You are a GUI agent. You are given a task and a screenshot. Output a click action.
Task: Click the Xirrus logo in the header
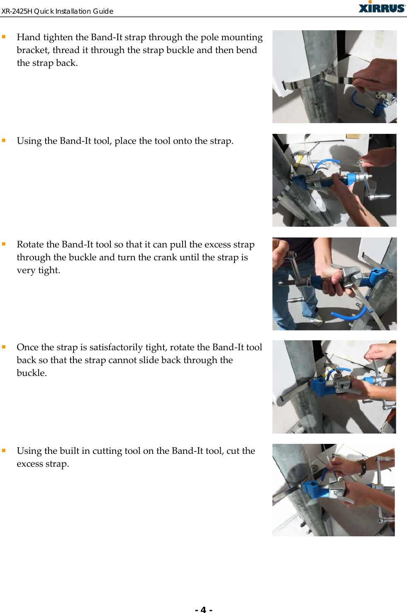[x=382, y=7]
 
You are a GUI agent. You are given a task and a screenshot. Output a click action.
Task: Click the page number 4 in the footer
[x=203, y=609]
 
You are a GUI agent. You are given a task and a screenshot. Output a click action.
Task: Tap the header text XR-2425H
[x=17, y=11]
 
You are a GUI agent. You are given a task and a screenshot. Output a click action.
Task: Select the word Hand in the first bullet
[x=28, y=37]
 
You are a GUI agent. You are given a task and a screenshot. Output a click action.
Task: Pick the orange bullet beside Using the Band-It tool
[x=4, y=141]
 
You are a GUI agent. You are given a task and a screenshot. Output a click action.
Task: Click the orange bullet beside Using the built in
[x=4, y=451]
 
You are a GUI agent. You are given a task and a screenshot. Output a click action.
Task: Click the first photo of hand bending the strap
[x=334, y=77]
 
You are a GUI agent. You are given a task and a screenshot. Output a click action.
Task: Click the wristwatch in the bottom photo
[x=363, y=468]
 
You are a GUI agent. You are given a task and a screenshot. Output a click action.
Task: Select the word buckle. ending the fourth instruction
[x=32, y=373]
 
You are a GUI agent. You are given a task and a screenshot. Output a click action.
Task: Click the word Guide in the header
[x=103, y=11]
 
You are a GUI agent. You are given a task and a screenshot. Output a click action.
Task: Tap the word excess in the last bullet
[x=30, y=464]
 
